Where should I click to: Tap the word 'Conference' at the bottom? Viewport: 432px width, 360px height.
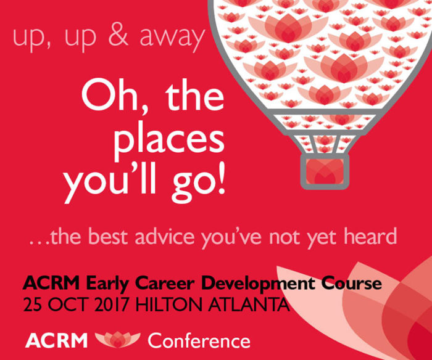coord(199,340)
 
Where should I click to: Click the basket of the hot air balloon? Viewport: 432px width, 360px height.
coord(323,170)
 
